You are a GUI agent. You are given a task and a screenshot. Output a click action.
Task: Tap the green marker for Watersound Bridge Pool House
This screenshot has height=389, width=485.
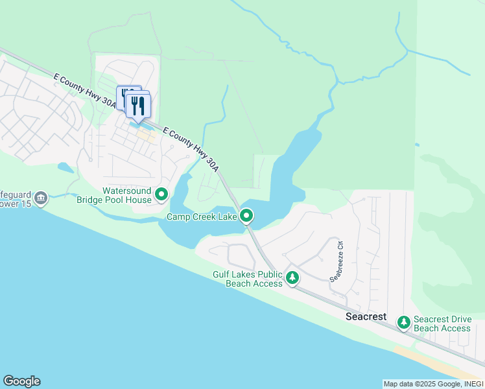[161, 193]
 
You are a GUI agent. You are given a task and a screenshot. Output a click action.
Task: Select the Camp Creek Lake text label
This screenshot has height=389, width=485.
[202, 217]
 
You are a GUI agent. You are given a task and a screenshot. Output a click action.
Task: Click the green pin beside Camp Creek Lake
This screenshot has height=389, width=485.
[246, 215]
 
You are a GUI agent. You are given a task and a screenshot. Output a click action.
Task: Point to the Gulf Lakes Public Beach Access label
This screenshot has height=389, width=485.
[248, 279]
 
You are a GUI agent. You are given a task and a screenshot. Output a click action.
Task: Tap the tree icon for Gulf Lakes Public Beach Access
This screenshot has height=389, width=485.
[292, 277]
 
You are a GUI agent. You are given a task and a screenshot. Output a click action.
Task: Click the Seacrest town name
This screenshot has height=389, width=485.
[366, 317]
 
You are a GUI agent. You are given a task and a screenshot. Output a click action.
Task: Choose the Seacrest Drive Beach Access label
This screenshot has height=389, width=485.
[442, 324]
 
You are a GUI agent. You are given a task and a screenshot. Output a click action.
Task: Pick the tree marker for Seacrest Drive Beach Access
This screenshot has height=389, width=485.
[404, 322]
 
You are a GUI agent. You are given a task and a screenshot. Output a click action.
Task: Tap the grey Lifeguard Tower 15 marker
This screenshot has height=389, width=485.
[41, 198]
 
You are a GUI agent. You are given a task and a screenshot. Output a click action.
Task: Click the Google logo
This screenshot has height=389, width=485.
[21, 381]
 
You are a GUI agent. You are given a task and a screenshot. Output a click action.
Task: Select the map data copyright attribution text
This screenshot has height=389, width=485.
[433, 384]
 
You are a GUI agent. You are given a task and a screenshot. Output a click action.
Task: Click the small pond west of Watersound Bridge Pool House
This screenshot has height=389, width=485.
[65, 167]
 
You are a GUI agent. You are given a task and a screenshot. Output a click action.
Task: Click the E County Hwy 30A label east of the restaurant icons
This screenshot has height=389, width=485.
[191, 148]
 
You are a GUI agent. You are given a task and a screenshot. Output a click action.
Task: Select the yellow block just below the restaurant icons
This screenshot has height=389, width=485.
[146, 137]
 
